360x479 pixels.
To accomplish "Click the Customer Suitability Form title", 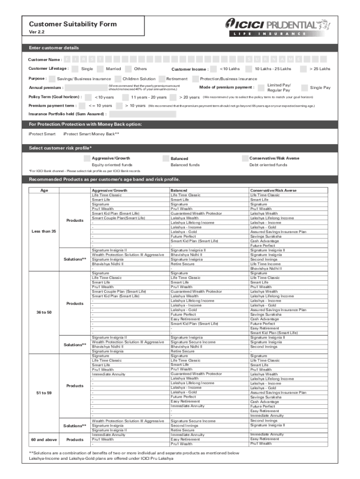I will pyautogui.click(x=73, y=24).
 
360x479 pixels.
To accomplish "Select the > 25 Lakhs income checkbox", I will pyautogui.click(x=303, y=69).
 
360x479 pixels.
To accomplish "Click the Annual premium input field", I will pyautogui.click(x=85, y=88).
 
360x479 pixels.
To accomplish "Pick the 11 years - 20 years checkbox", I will pyautogui.click(x=125, y=97).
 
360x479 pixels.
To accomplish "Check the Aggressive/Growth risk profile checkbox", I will pyautogui.click(x=87, y=159).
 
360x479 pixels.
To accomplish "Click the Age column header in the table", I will pyautogui.click(x=44, y=191).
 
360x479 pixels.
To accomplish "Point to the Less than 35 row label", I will pyautogui.click(x=43, y=232).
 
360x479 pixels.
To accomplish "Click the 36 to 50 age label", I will pyautogui.click(x=43, y=312).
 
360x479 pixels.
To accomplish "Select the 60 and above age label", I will pyautogui.click(x=43, y=440).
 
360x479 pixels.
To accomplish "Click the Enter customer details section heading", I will pyautogui.click(x=54, y=48).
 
